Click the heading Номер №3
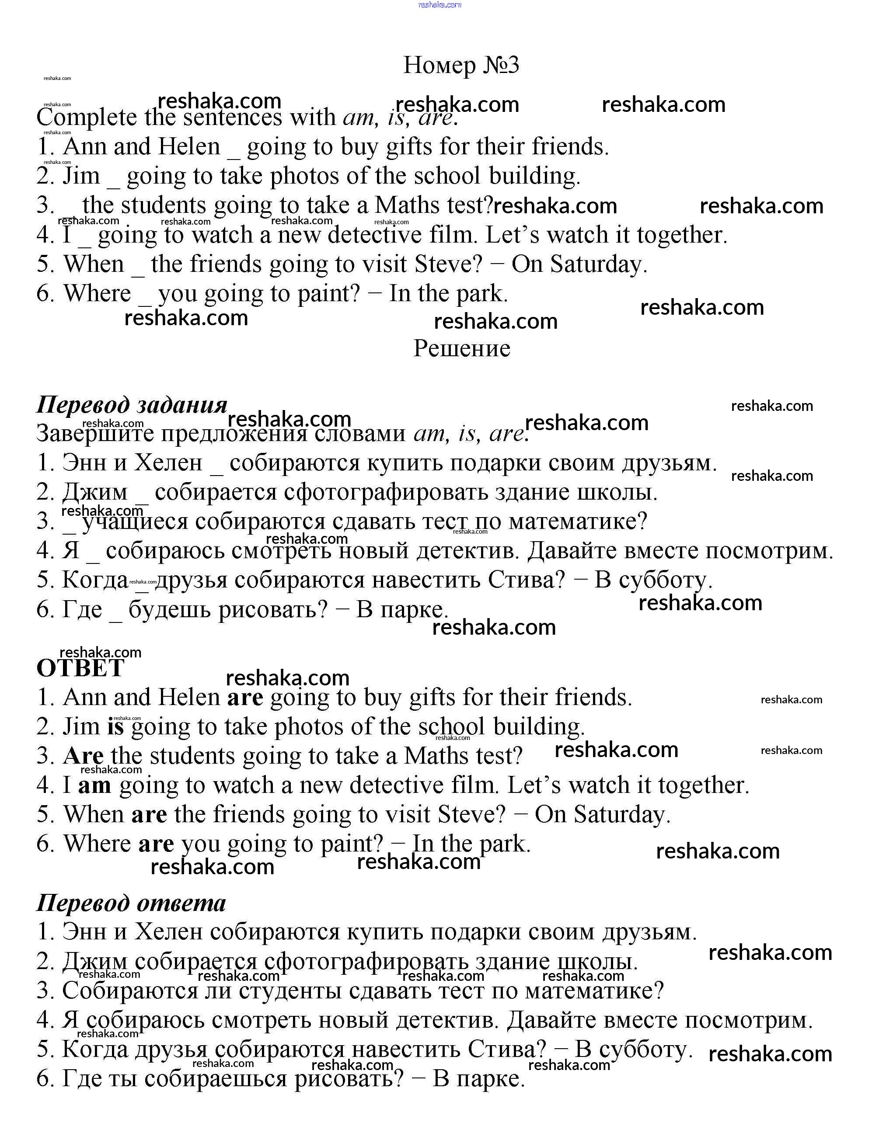pos(461,66)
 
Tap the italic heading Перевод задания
pos(132,405)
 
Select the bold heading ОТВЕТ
pos(80,668)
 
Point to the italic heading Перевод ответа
pos(131,903)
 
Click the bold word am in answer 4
pos(94,785)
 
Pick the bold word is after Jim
pos(116,726)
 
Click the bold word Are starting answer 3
pos(83,756)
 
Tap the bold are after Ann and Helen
pos(245,697)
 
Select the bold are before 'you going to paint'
pos(156,844)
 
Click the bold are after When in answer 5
pos(149,814)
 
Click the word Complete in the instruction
pos(87,117)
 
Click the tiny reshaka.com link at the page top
pos(439,5)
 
